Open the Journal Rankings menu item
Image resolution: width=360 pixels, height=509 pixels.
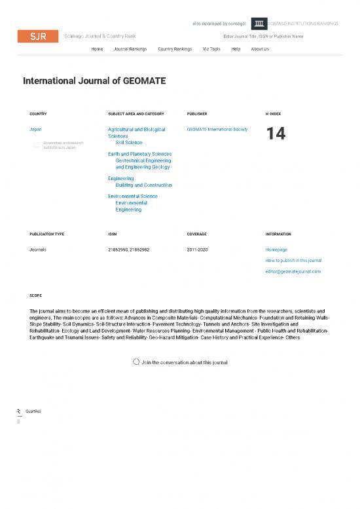130,49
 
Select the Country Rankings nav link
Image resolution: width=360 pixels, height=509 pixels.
175,49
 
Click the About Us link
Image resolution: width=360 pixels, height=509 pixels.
260,49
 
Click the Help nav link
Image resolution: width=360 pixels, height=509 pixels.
236,49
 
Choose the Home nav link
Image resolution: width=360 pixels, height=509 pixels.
97,49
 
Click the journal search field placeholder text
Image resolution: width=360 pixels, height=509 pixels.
263,36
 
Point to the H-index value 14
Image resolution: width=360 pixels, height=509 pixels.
276,134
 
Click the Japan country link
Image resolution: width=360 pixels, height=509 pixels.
36,130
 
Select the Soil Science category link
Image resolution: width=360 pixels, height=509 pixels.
128,142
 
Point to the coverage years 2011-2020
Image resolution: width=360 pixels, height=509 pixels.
198,250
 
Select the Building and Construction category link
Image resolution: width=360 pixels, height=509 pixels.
143,185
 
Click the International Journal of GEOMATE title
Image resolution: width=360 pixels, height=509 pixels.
94,81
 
